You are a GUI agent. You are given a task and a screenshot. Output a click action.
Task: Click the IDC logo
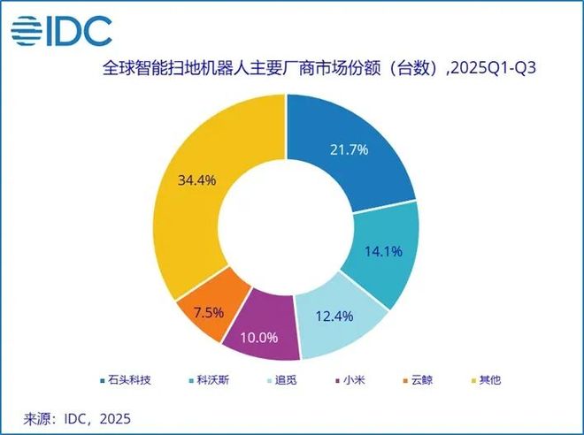pyautogui.click(x=61, y=30)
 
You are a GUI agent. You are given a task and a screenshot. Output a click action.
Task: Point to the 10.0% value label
pyautogui.click(x=261, y=339)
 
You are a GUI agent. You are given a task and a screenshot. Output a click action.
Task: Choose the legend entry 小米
pyautogui.click(x=362, y=381)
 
